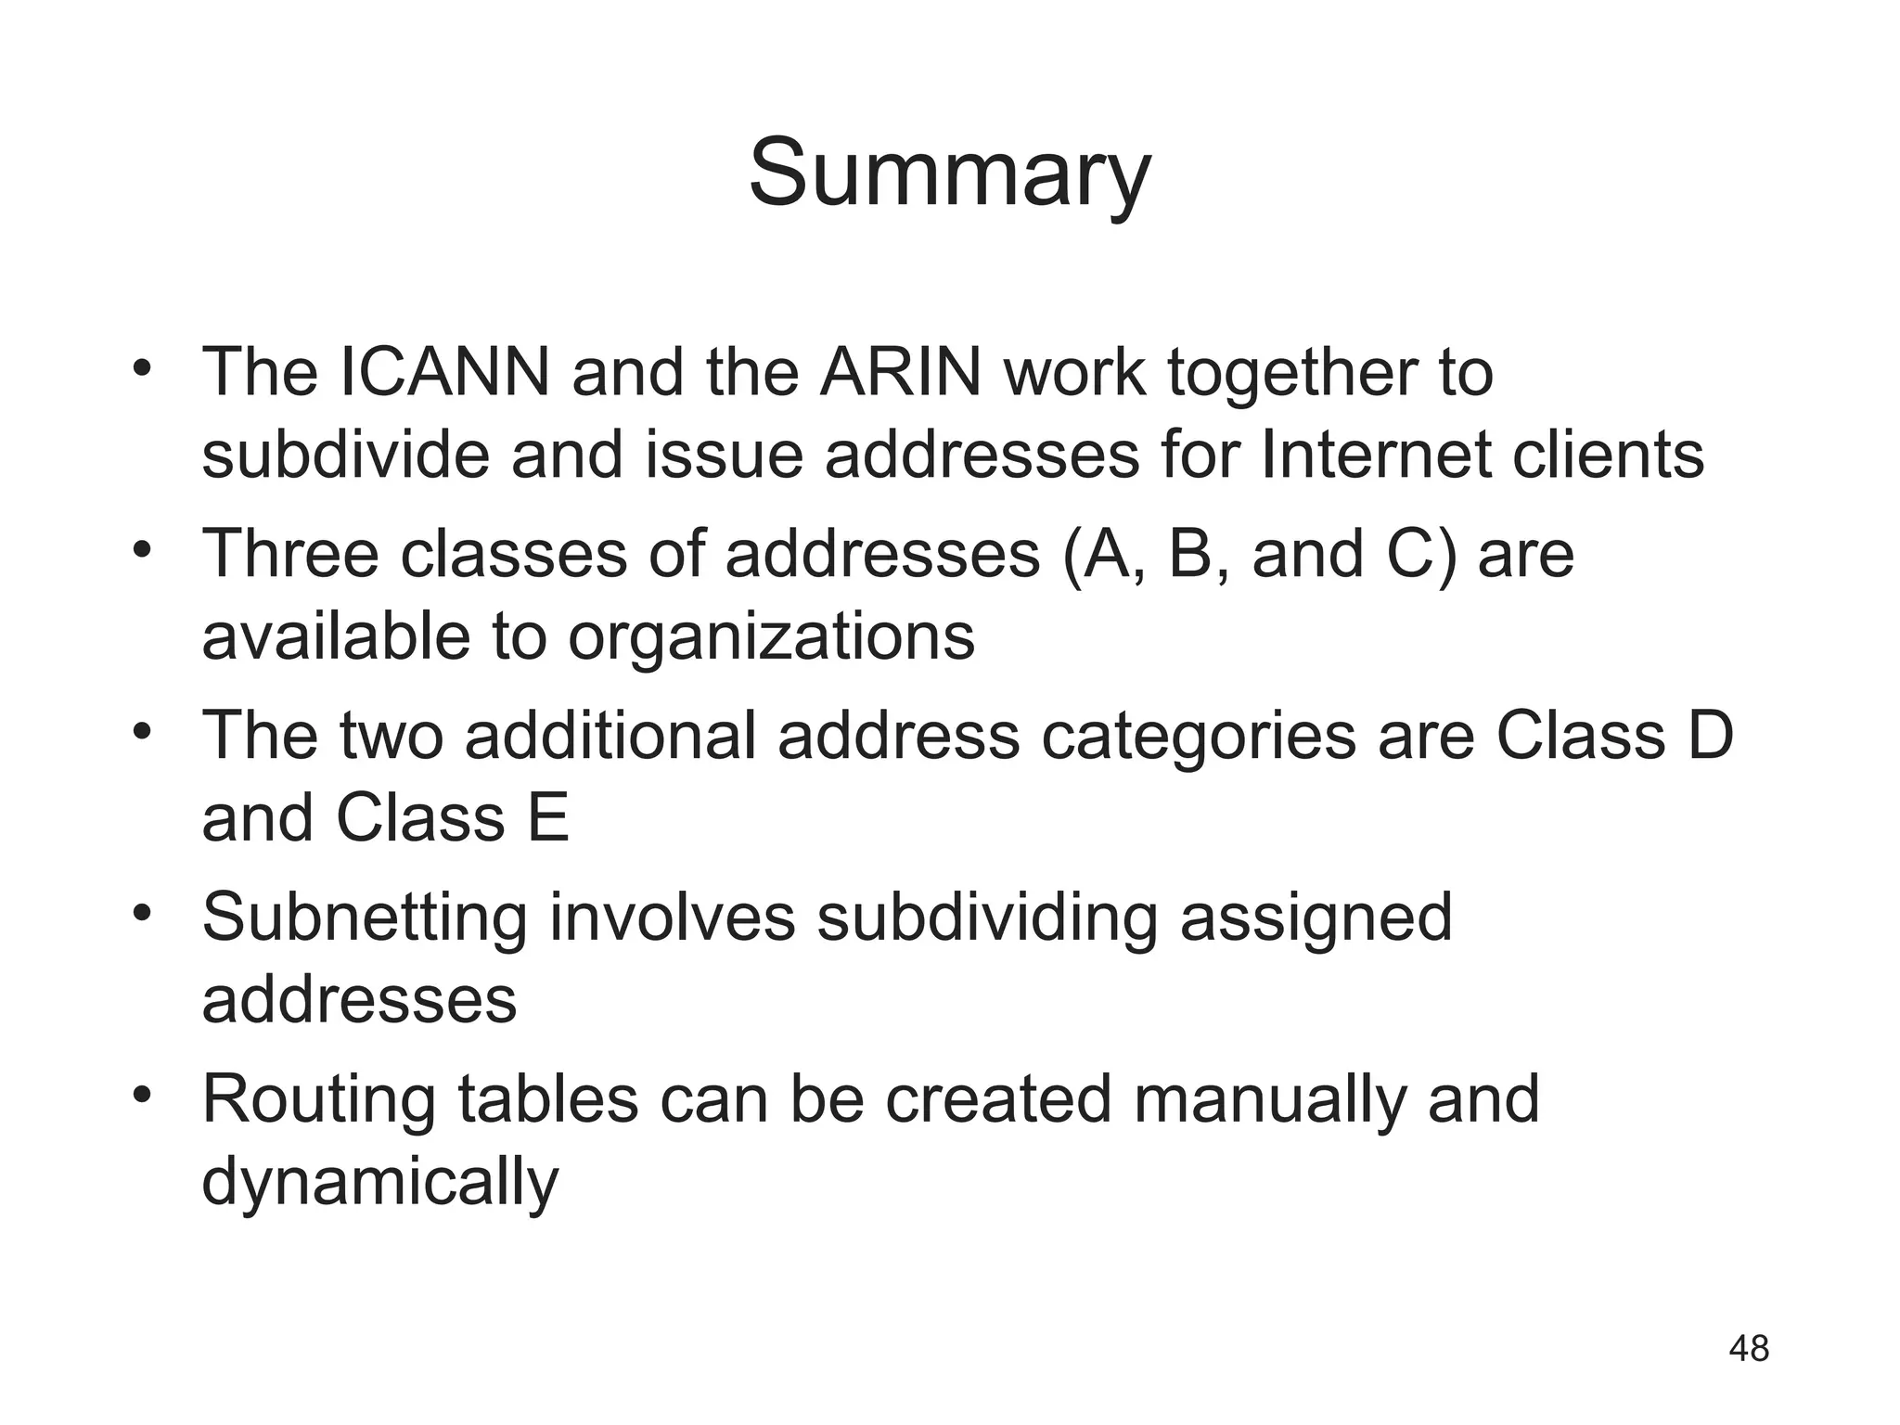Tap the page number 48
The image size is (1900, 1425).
point(1749,1348)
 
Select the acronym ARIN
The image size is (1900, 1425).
point(900,372)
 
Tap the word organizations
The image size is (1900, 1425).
point(771,638)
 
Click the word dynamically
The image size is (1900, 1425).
point(380,1184)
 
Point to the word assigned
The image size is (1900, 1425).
point(1315,918)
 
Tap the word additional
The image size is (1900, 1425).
point(610,736)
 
